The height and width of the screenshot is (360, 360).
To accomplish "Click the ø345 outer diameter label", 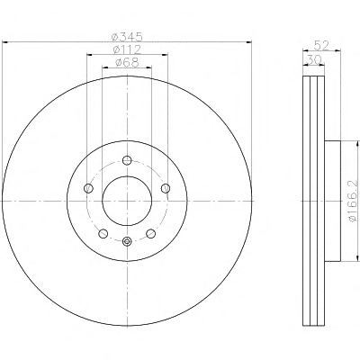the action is pyautogui.click(x=126, y=37).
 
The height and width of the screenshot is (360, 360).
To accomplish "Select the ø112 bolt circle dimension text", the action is pyautogui.click(x=127, y=49).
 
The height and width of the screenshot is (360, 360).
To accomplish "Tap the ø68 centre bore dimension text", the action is pyautogui.click(x=127, y=62).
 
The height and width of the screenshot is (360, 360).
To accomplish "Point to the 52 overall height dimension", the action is pyautogui.click(x=321, y=46).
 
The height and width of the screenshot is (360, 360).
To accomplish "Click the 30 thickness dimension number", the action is pyautogui.click(x=314, y=59).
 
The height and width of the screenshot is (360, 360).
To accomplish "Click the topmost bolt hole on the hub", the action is pyautogui.click(x=127, y=160).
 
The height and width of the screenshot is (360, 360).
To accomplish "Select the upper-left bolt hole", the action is pyautogui.click(x=88, y=188).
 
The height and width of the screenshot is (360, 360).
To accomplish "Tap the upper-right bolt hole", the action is pyautogui.click(x=166, y=188).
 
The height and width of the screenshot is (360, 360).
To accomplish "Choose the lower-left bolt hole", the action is pyautogui.click(x=103, y=233).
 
